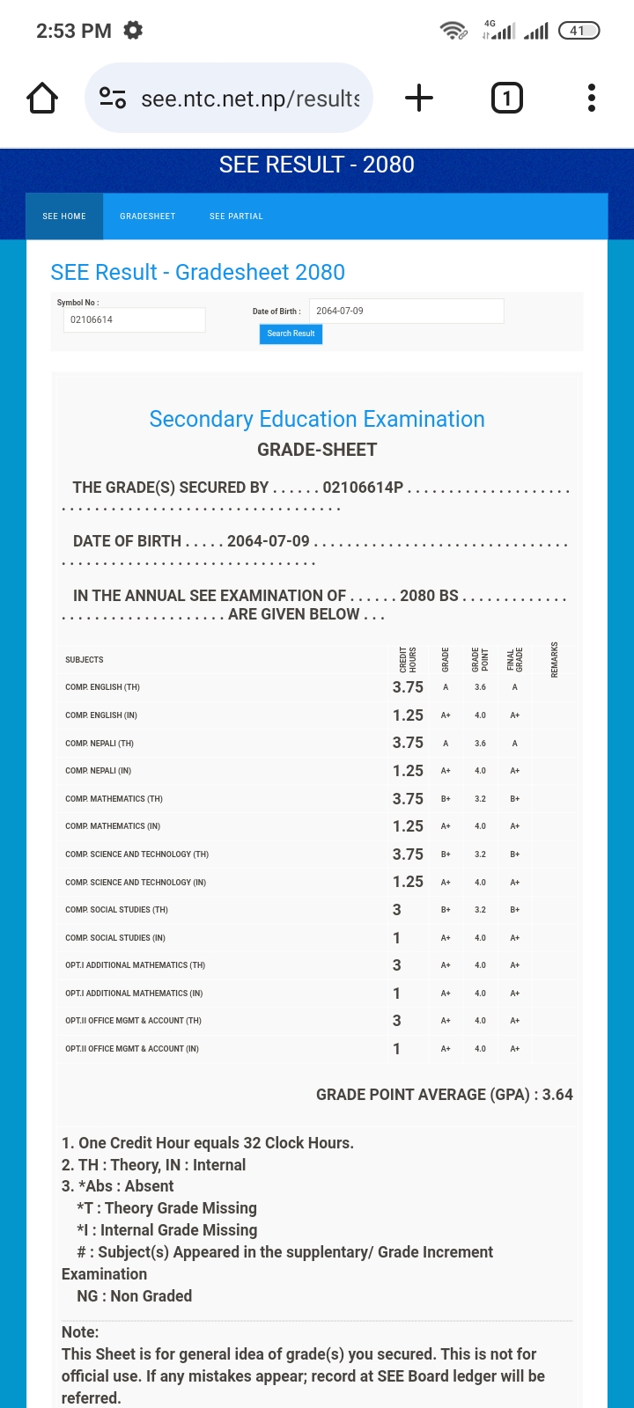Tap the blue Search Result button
coord(291,334)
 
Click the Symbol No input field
coord(134,319)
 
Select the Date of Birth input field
coord(406,311)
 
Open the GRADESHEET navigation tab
coord(148,216)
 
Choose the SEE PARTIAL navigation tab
coord(236,216)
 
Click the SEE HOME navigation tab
coord(64,216)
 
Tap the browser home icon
coord(42,98)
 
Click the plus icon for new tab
coord(419,98)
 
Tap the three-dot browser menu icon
coord(592,98)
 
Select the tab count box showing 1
coord(506,98)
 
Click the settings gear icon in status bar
coord(133,31)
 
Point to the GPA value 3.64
coord(557,1095)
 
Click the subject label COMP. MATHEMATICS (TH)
coord(114,799)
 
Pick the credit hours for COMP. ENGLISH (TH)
coord(408,687)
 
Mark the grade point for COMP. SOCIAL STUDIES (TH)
coord(480,910)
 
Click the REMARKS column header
coord(555,659)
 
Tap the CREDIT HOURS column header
coord(408,659)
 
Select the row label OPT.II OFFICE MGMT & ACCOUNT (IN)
coord(132,1049)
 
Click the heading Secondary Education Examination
coord(317,419)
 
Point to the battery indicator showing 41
coord(579,31)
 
